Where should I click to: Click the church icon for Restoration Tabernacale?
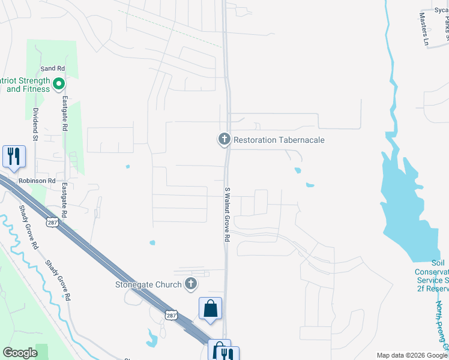point(224,140)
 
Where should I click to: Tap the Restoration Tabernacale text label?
point(279,140)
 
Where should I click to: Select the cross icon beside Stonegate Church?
point(191,284)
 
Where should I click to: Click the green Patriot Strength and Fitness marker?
point(59,85)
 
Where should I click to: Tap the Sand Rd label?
point(52,69)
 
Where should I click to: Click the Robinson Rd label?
point(37,180)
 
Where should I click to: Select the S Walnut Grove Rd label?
point(228,214)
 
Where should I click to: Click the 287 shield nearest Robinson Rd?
point(52,223)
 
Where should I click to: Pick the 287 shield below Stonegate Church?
point(172,315)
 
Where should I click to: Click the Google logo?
point(20,353)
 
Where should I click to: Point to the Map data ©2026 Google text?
point(412,355)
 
